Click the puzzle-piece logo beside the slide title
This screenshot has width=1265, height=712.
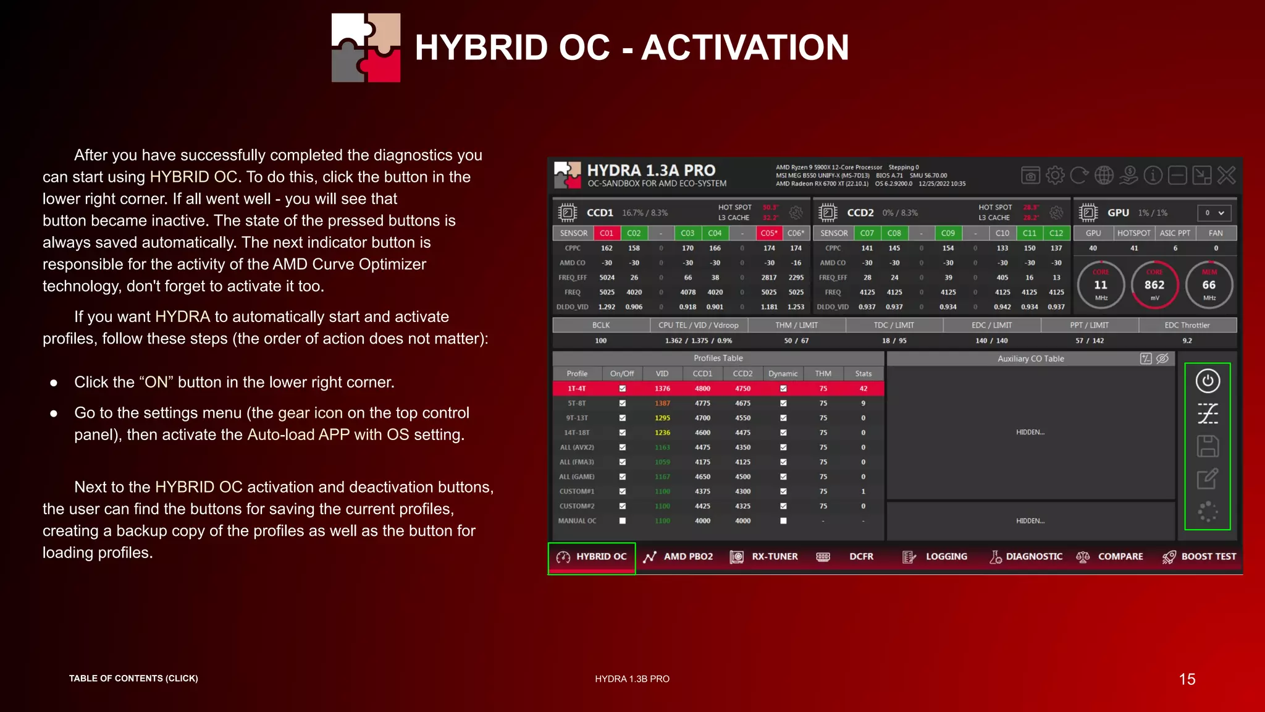pos(366,48)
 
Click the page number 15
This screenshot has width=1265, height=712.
pos(1187,679)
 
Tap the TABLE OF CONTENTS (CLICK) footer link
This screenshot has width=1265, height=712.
pos(133,678)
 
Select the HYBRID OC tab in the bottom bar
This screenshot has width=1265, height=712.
pos(592,556)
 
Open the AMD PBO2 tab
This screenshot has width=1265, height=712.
pos(678,556)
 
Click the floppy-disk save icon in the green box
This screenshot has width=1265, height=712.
pos(1208,446)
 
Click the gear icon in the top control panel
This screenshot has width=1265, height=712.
pos(1055,176)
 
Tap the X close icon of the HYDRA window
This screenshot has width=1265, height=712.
pos(1226,176)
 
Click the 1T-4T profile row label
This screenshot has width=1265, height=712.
pos(576,388)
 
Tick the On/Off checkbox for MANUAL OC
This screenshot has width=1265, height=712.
pos(622,520)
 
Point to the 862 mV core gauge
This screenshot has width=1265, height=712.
pos(1154,285)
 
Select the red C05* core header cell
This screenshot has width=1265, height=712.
pos(768,233)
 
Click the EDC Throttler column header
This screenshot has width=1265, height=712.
pos(1187,325)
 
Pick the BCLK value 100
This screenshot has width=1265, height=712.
pos(600,341)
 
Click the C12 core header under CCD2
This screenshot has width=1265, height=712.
pos(1056,233)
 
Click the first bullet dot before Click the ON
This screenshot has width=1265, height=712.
pos(54,383)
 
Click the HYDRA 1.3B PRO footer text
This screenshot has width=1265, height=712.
pos(632,679)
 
